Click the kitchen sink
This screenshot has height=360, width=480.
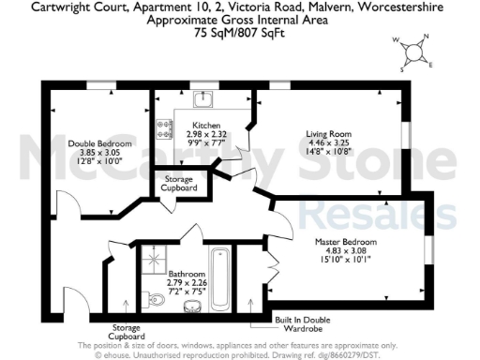click(201, 97)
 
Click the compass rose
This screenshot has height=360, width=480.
click(413, 52)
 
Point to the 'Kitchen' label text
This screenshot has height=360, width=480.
click(206, 125)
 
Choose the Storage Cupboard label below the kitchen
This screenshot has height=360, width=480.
click(179, 184)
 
